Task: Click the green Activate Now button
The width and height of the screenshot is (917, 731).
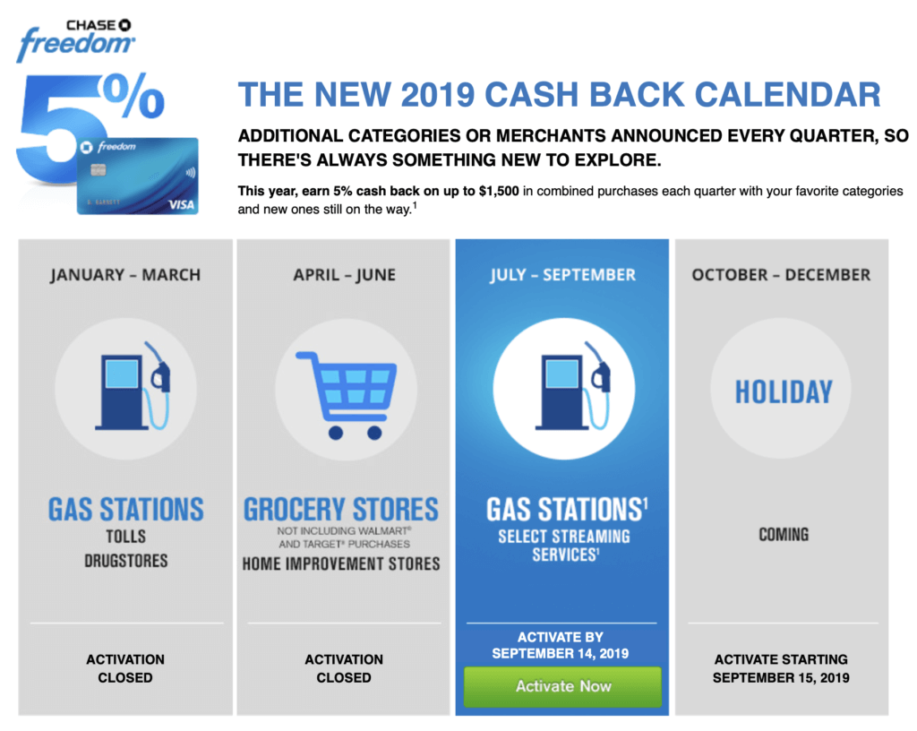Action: pyautogui.click(x=562, y=686)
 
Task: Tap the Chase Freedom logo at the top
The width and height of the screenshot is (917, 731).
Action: pyautogui.click(x=75, y=40)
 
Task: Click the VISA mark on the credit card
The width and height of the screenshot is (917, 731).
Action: pyautogui.click(x=181, y=204)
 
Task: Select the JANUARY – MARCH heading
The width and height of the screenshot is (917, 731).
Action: pyautogui.click(x=125, y=275)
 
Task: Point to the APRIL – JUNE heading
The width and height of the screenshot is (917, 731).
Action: pyautogui.click(x=345, y=275)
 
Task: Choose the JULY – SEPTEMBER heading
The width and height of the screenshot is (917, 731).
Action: pyautogui.click(x=562, y=275)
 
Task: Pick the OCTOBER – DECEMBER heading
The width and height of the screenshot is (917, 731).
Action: pyautogui.click(x=781, y=275)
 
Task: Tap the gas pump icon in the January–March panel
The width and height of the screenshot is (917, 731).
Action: pyautogui.click(x=133, y=386)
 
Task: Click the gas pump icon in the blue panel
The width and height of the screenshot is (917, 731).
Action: pyautogui.click(x=573, y=386)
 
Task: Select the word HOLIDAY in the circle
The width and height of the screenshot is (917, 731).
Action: pyautogui.click(x=784, y=391)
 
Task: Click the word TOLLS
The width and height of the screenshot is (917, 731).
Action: pyautogui.click(x=125, y=537)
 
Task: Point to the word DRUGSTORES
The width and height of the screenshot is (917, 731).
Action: pyautogui.click(x=125, y=561)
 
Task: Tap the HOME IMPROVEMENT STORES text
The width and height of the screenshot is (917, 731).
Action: pyautogui.click(x=341, y=563)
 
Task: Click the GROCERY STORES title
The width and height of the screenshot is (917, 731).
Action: pyautogui.click(x=341, y=510)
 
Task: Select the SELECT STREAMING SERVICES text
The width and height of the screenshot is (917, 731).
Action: pyautogui.click(x=564, y=546)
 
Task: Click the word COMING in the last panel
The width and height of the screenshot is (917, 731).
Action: pyautogui.click(x=784, y=535)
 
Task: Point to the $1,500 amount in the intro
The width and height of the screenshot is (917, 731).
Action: pyautogui.click(x=498, y=191)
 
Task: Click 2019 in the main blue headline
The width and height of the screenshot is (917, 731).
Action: pyautogui.click(x=437, y=95)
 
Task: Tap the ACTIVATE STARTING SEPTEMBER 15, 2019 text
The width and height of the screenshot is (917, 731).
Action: pyautogui.click(x=781, y=668)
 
